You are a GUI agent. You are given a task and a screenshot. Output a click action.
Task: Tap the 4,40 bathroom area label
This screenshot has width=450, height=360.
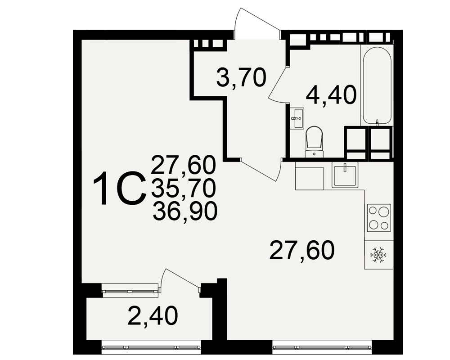click(x=331, y=95)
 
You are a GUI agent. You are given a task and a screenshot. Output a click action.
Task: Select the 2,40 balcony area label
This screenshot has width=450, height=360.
click(x=153, y=316)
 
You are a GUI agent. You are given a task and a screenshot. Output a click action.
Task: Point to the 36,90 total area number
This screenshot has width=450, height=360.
click(x=185, y=211)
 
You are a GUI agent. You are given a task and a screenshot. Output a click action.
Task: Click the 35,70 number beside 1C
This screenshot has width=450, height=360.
click(x=184, y=188)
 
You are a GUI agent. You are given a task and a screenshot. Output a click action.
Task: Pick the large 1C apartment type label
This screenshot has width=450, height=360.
click(x=119, y=189)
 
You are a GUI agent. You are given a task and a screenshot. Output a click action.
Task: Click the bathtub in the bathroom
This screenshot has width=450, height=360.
click(x=377, y=86)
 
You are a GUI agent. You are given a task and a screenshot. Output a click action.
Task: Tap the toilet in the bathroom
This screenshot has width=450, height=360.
click(x=314, y=142)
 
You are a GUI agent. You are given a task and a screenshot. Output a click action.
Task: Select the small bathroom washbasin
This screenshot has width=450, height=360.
click(x=297, y=118)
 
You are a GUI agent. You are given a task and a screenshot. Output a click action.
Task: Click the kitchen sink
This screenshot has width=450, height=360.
click(x=345, y=175)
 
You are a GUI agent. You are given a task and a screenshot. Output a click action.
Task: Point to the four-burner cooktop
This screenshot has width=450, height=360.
click(x=379, y=218)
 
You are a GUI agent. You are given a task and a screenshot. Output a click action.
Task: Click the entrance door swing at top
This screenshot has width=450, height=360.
click(x=257, y=23)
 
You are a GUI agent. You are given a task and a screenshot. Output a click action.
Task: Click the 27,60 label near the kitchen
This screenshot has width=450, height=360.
click(x=302, y=250)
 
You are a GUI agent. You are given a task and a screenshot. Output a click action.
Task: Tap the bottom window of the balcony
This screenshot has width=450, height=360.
click(x=152, y=347)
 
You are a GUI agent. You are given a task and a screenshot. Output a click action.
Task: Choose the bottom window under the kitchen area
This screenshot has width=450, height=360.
click(x=322, y=347)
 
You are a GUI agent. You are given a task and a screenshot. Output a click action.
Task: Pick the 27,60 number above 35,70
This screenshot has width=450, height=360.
click(x=183, y=165)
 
